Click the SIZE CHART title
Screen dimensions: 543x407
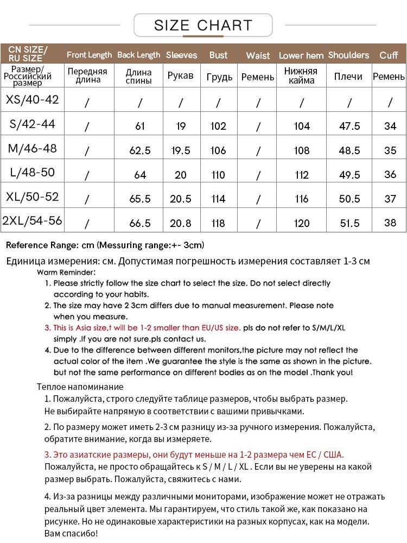pyautogui.click(x=203, y=26)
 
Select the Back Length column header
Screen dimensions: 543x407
pyautogui.click(x=138, y=55)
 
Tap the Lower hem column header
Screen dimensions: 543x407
pyautogui.click(x=301, y=55)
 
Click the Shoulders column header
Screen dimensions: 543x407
pyautogui.click(x=348, y=55)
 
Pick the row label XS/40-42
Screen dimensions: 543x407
pyautogui.click(x=32, y=100)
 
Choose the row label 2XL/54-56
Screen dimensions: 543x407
pyautogui.click(x=32, y=220)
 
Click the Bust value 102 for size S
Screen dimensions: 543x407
pyautogui.click(x=218, y=127)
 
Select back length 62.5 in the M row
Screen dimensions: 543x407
pyautogui.click(x=140, y=150)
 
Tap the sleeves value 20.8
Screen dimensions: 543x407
pyautogui.click(x=181, y=223)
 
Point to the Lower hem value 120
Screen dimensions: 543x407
pyautogui.click(x=302, y=223)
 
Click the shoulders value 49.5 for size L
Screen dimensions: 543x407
pyautogui.click(x=349, y=175)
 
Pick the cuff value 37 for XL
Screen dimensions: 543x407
pyautogui.click(x=390, y=199)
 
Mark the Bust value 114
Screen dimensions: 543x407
pyautogui.click(x=218, y=199)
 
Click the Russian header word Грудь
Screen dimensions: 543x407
pyautogui.click(x=219, y=77)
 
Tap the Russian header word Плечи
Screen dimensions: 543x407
pyautogui.click(x=348, y=77)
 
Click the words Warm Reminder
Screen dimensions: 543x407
pyautogui.click(x=66, y=272)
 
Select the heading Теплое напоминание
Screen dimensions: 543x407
pyautogui.click(x=80, y=387)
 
